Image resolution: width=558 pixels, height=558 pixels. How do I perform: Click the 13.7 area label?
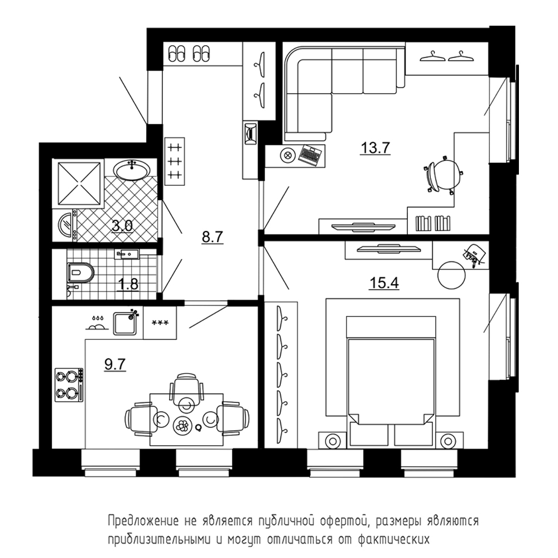(x=376, y=147)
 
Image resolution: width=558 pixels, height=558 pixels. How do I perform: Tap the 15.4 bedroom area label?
(x=384, y=283)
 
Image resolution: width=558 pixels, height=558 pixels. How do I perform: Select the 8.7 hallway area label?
(x=213, y=237)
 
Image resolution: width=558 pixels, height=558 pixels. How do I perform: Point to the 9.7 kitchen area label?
(x=115, y=364)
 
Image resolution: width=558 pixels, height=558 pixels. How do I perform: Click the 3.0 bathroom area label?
(x=122, y=225)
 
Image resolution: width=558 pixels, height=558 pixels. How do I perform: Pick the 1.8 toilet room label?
(x=128, y=285)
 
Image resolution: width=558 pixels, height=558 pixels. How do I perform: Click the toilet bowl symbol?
(x=80, y=273)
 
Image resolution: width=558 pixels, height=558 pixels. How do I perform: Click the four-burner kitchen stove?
(x=69, y=384)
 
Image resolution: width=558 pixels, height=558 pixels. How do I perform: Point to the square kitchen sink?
(x=125, y=323)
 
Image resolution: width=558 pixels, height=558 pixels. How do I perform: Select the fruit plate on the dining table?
(x=183, y=425)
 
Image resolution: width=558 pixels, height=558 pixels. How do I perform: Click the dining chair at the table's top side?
(x=186, y=391)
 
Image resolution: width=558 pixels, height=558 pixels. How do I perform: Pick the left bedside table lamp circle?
(x=333, y=441)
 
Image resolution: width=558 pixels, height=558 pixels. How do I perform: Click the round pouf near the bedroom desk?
(x=451, y=276)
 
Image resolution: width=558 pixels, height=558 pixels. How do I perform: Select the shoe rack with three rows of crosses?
(x=175, y=161)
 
